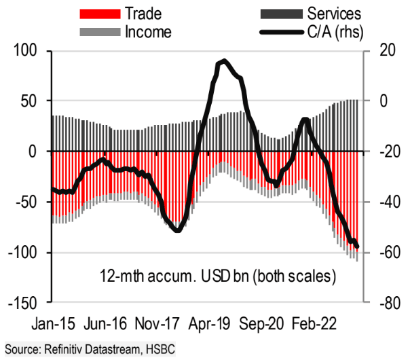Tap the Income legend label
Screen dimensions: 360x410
149,31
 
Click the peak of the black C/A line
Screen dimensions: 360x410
224,61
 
